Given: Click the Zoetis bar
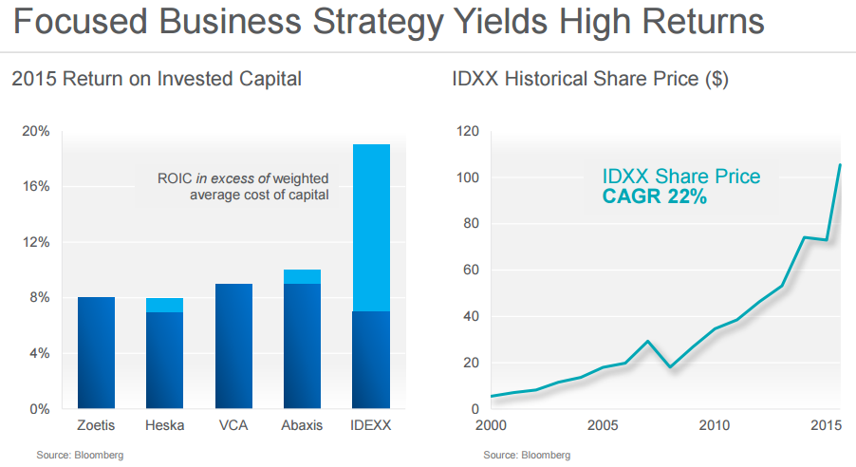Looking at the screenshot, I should (96, 352).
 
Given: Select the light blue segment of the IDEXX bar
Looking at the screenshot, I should (371, 227).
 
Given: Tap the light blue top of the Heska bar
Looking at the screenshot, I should (164, 305).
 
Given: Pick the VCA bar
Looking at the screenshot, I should (233, 346).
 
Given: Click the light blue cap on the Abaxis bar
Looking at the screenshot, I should (302, 276).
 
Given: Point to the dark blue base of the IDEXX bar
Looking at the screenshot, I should (371, 360).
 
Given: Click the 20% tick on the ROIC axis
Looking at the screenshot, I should (36, 131).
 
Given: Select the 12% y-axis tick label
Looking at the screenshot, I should (36, 242).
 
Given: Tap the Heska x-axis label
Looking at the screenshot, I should (164, 426).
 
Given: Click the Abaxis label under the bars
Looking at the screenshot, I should (302, 426).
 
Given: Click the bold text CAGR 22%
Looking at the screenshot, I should (654, 197).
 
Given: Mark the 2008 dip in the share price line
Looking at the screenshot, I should (670, 367).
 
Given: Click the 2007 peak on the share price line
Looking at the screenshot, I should (646, 342).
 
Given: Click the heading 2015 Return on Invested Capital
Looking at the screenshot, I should (157, 79).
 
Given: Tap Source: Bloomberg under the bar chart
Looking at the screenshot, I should (80, 456).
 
